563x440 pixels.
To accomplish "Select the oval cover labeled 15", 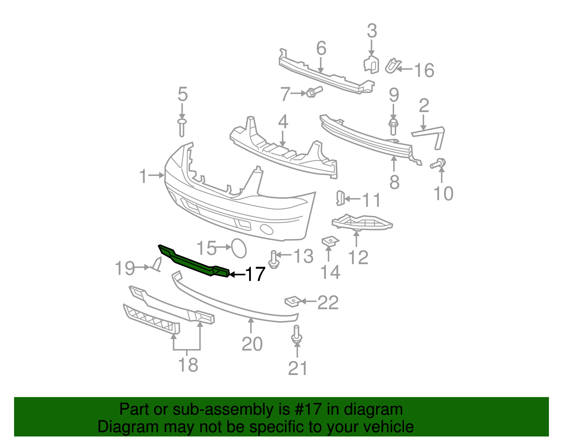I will coord(239,248).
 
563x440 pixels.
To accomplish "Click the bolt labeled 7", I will coord(314,92).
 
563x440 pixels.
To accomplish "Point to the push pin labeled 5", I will coord(182,127).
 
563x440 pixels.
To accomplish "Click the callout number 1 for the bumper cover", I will coord(143,176).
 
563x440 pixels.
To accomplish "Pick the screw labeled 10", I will coord(438,164).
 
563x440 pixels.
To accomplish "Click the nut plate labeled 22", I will coord(292,302).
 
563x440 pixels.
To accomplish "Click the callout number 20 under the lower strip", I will coord(252,344).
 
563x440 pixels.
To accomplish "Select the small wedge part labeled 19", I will coord(157,265).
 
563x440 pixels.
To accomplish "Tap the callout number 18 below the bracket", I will coord(188,365).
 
